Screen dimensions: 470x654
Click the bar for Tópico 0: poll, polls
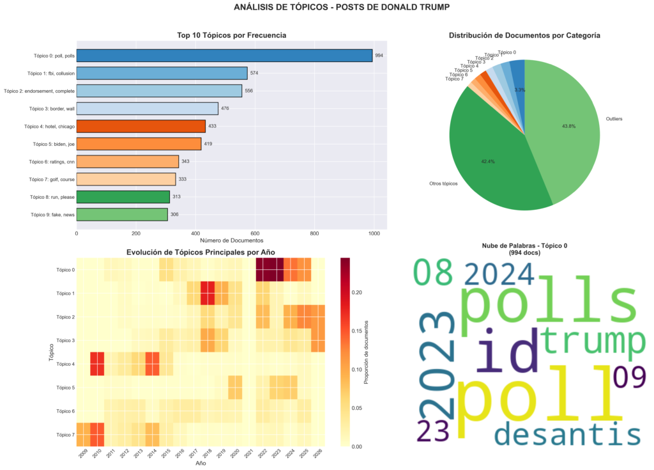[x=224, y=56]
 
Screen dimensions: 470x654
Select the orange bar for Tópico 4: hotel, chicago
[x=141, y=126]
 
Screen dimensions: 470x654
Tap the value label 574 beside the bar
[x=254, y=73]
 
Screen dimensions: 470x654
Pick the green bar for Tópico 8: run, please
[x=123, y=196]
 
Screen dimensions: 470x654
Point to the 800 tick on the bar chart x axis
[x=314, y=234]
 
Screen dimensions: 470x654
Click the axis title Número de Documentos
[x=232, y=242]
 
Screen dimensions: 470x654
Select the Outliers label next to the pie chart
[x=613, y=118]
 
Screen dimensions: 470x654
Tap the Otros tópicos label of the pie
[x=435, y=184]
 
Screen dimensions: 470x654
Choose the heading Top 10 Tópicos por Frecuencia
[x=232, y=35]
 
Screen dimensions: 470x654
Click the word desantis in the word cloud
[x=568, y=435]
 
